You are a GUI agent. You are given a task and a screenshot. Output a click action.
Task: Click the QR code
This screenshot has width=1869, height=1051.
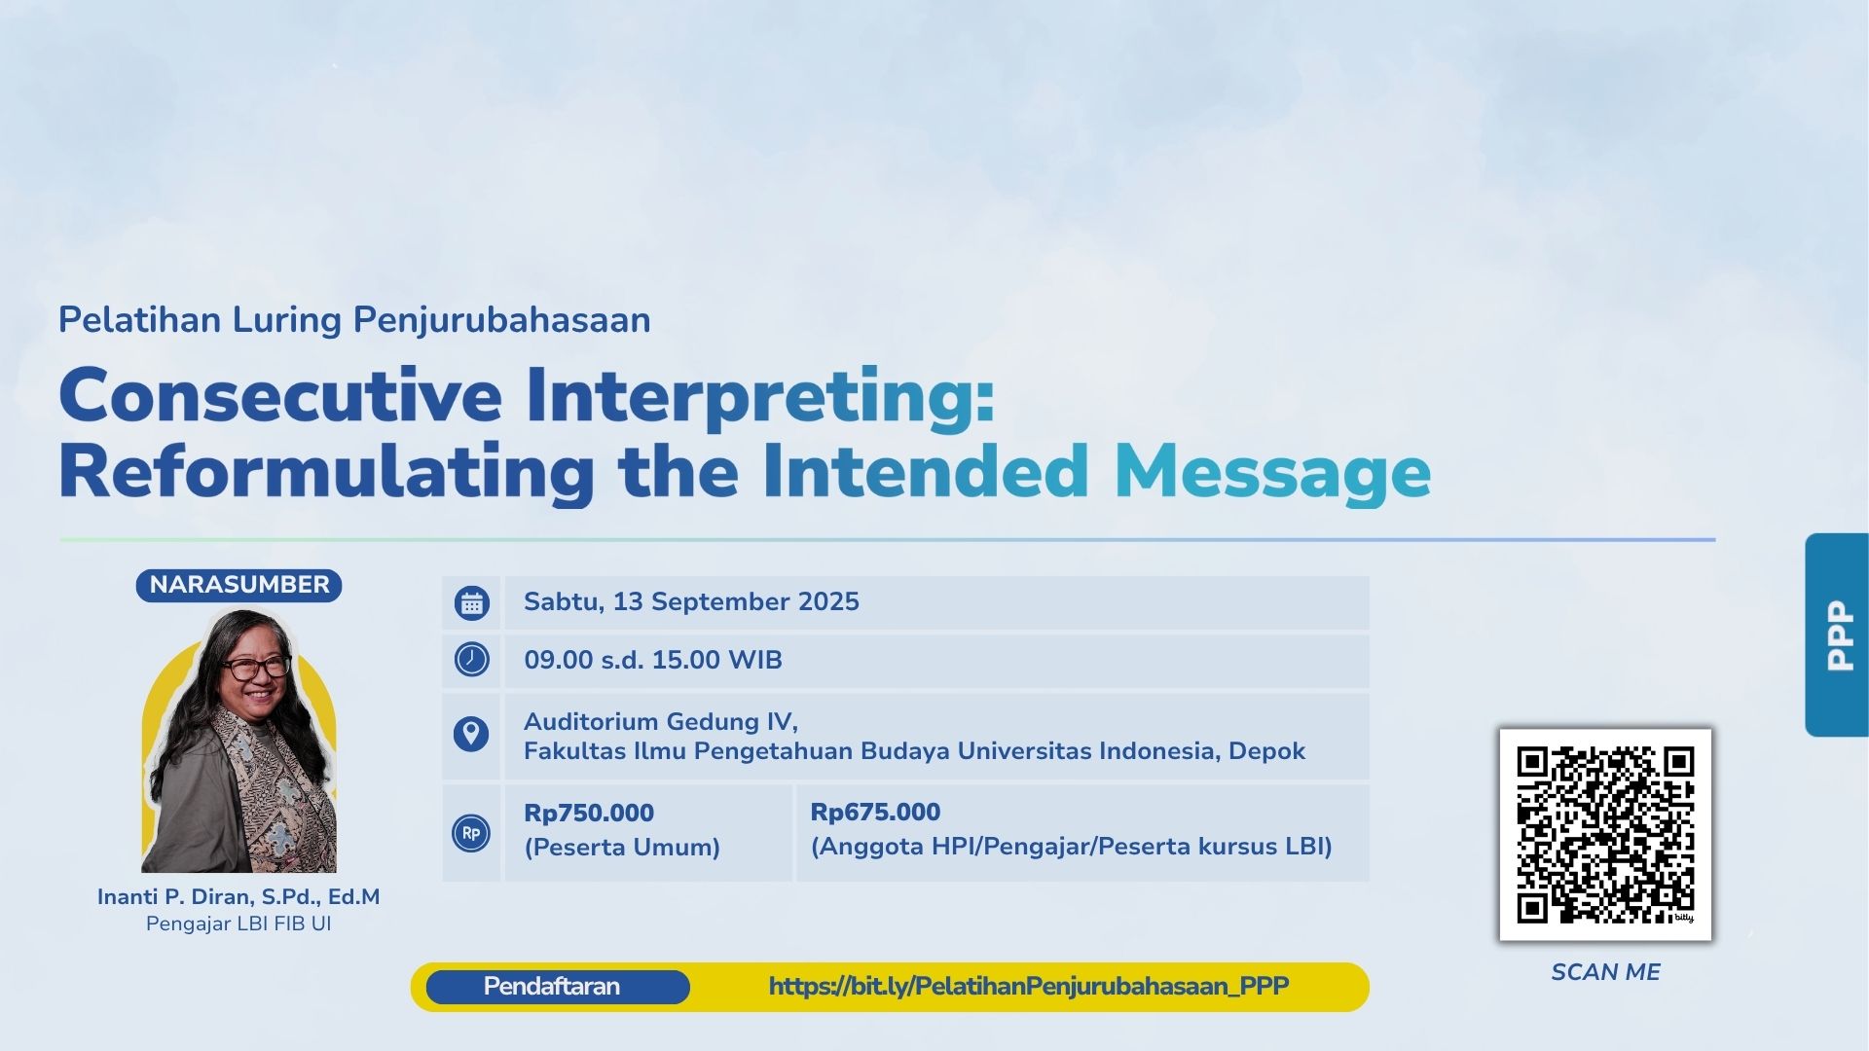click(x=1605, y=835)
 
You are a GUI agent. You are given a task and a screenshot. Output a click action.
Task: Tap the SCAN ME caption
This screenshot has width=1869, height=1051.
click(x=1605, y=972)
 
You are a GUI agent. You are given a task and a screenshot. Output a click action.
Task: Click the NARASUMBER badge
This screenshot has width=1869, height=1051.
click(x=238, y=585)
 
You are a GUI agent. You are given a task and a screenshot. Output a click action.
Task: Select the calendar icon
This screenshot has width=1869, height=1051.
click(x=471, y=602)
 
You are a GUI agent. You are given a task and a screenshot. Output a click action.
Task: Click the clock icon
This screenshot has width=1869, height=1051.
click(x=471, y=660)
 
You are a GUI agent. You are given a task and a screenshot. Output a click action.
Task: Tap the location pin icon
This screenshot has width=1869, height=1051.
click(x=471, y=734)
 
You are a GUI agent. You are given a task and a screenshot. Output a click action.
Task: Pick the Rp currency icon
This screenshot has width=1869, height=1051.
click(x=471, y=833)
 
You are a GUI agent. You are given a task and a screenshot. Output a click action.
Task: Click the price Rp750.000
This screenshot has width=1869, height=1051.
click(x=589, y=813)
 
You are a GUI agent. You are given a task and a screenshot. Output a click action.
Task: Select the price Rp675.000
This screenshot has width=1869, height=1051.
click(x=875, y=812)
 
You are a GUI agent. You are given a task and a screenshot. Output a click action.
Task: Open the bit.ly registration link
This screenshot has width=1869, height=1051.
click(x=1029, y=987)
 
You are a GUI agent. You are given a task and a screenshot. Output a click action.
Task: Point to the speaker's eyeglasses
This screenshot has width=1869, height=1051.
click(x=255, y=668)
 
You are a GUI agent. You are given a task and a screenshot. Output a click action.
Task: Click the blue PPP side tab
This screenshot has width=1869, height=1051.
click(x=1837, y=634)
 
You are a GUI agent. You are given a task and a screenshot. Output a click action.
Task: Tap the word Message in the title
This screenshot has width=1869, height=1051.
click(x=1272, y=472)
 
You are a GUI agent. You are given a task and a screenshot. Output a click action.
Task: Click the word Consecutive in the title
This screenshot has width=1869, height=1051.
click(x=280, y=395)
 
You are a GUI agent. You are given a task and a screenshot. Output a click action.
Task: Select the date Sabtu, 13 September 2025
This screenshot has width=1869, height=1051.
click(x=691, y=601)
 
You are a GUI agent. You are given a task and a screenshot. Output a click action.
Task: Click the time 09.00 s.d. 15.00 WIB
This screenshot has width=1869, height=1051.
click(x=653, y=660)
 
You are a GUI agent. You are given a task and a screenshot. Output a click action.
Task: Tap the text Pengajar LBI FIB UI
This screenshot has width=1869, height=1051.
click(x=238, y=924)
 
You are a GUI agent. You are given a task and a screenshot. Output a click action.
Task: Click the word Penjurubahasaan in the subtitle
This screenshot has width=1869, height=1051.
click(x=501, y=320)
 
